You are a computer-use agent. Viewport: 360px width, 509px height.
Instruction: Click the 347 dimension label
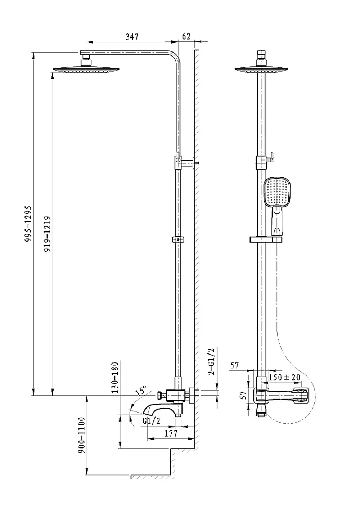pyautogui.click(x=132, y=37)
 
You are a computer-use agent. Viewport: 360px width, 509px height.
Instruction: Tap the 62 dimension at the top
pyautogui.click(x=186, y=36)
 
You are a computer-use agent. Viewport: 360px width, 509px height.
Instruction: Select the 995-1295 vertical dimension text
pyautogui.click(x=28, y=224)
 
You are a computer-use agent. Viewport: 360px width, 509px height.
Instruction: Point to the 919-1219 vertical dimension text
pyautogui.click(x=47, y=234)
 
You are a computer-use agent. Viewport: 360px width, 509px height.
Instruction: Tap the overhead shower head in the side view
pyautogui.click(x=86, y=69)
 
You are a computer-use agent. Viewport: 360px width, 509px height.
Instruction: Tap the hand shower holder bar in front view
pyautogui.click(x=266, y=239)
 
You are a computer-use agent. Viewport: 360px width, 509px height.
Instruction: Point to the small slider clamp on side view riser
pyautogui.click(x=178, y=239)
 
